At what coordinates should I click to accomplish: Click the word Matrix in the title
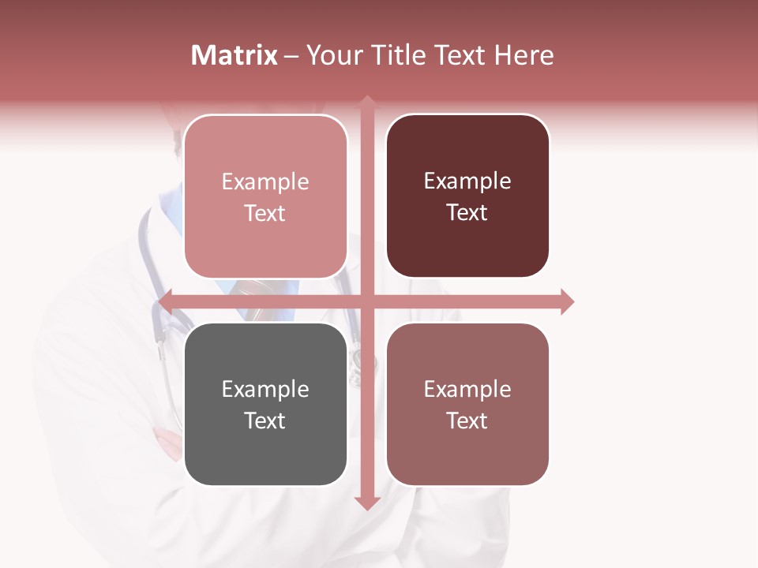coord(235,55)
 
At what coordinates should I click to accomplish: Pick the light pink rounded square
coord(265,196)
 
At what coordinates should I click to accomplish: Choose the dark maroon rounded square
coord(467,196)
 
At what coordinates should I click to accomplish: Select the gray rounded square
coord(265,404)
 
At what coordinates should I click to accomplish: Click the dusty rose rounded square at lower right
coord(467,404)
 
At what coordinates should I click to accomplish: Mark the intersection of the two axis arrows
coord(367,301)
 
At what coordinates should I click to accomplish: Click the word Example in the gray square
coord(265,389)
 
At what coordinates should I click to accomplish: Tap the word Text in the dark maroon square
coord(467,213)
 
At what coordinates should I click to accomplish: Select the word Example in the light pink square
coord(265,181)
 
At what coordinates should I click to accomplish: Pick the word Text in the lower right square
coord(467,420)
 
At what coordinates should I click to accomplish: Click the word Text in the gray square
coord(265,420)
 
